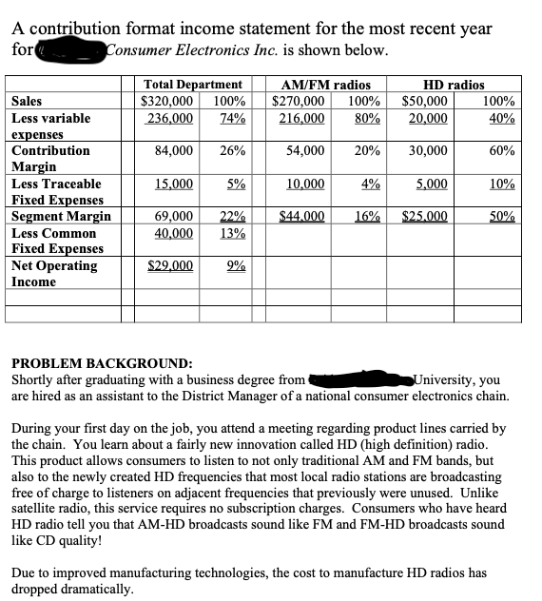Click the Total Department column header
tap(192, 86)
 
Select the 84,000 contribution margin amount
tap(175, 150)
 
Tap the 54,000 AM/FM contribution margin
tap(306, 150)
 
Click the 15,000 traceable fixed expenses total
tap(174, 184)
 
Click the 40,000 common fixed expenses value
tap(174, 233)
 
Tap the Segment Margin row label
tap(61, 217)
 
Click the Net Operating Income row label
tap(54, 274)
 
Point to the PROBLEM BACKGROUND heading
tap(102, 363)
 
